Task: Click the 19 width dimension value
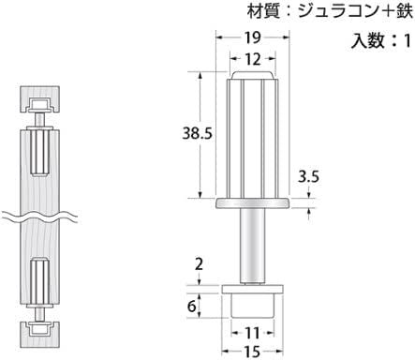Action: [x=252, y=37]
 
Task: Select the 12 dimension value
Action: [x=252, y=59]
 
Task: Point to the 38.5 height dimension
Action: [x=197, y=133]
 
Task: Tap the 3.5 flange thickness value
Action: [x=308, y=177]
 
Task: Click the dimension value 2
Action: [x=199, y=264]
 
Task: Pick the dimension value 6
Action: [x=192, y=306]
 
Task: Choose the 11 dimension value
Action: [x=252, y=333]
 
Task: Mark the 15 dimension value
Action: [x=252, y=352]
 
